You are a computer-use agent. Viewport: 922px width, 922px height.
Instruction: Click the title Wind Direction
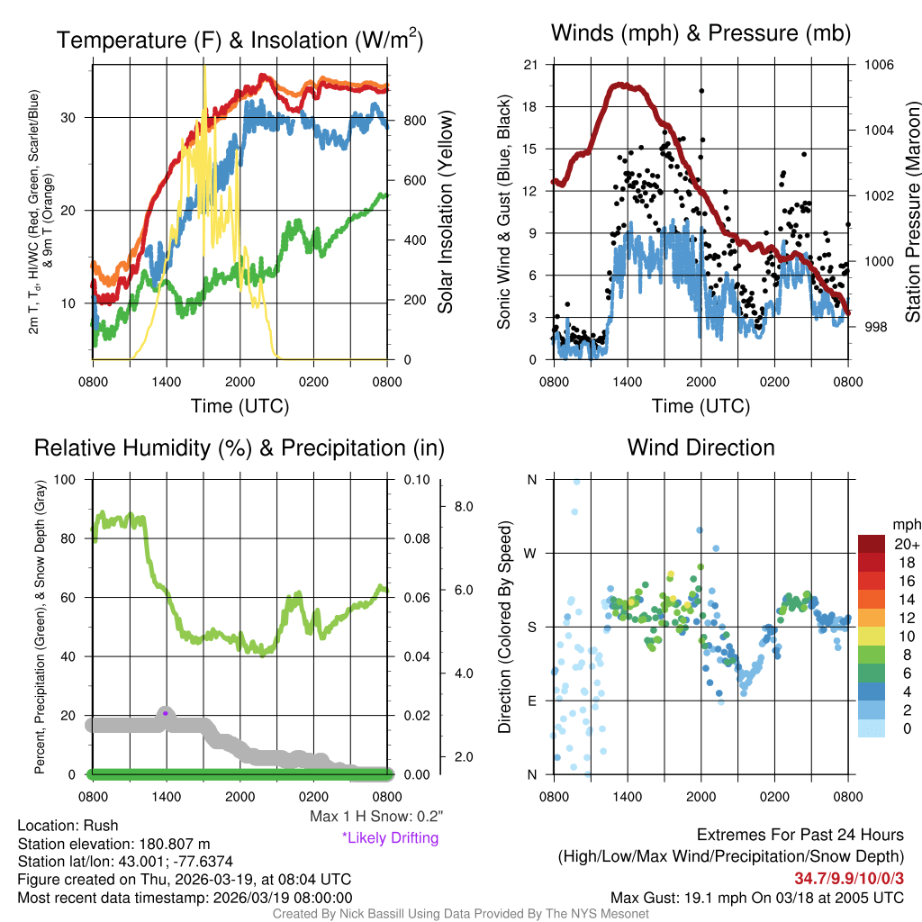pyautogui.click(x=701, y=447)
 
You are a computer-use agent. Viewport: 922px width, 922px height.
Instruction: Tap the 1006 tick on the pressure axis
pyautogui.click(x=877, y=65)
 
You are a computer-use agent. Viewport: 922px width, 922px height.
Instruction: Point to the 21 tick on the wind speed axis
pyautogui.click(x=530, y=65)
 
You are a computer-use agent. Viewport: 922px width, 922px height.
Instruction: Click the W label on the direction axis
pyautogui.click(x=531, y=553)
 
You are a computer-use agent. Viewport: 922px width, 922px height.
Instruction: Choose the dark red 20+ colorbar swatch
pyautogui.click(x=872, y=544)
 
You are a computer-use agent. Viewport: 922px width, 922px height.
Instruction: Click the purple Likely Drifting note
pyautogui.click(x=390, y=838)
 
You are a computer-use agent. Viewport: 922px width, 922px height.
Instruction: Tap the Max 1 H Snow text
pyautogui.click(x=375, y=817)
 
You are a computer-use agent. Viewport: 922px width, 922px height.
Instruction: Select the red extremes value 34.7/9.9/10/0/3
pyautogui.click(x=849, y=878)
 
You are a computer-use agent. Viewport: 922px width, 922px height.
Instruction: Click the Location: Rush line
pyautogui.click(x=68, y=826)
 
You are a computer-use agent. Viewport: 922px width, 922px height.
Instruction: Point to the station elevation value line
pyautogui.click(x=113, y=844)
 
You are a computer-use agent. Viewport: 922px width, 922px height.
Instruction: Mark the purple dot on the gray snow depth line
pyautogui.click(x=166, y=713)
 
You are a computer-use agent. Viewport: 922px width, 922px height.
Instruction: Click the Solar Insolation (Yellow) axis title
pyautogui.click(x=445, y=212)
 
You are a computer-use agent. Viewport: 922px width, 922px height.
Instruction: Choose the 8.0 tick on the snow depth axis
pyautogui.click(x=464, y=507)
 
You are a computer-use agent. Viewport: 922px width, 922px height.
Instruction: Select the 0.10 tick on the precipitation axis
pyautogui.click(x=416, y=479)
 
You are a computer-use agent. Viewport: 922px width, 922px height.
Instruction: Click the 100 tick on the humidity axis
pyautogui.click(x=68, y=479)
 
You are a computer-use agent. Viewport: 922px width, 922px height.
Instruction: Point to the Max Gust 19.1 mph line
pyautogui.click(x=756, y=897)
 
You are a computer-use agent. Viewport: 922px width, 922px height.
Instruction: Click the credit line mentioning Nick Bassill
pyautogui.click(x=460, y=914)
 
